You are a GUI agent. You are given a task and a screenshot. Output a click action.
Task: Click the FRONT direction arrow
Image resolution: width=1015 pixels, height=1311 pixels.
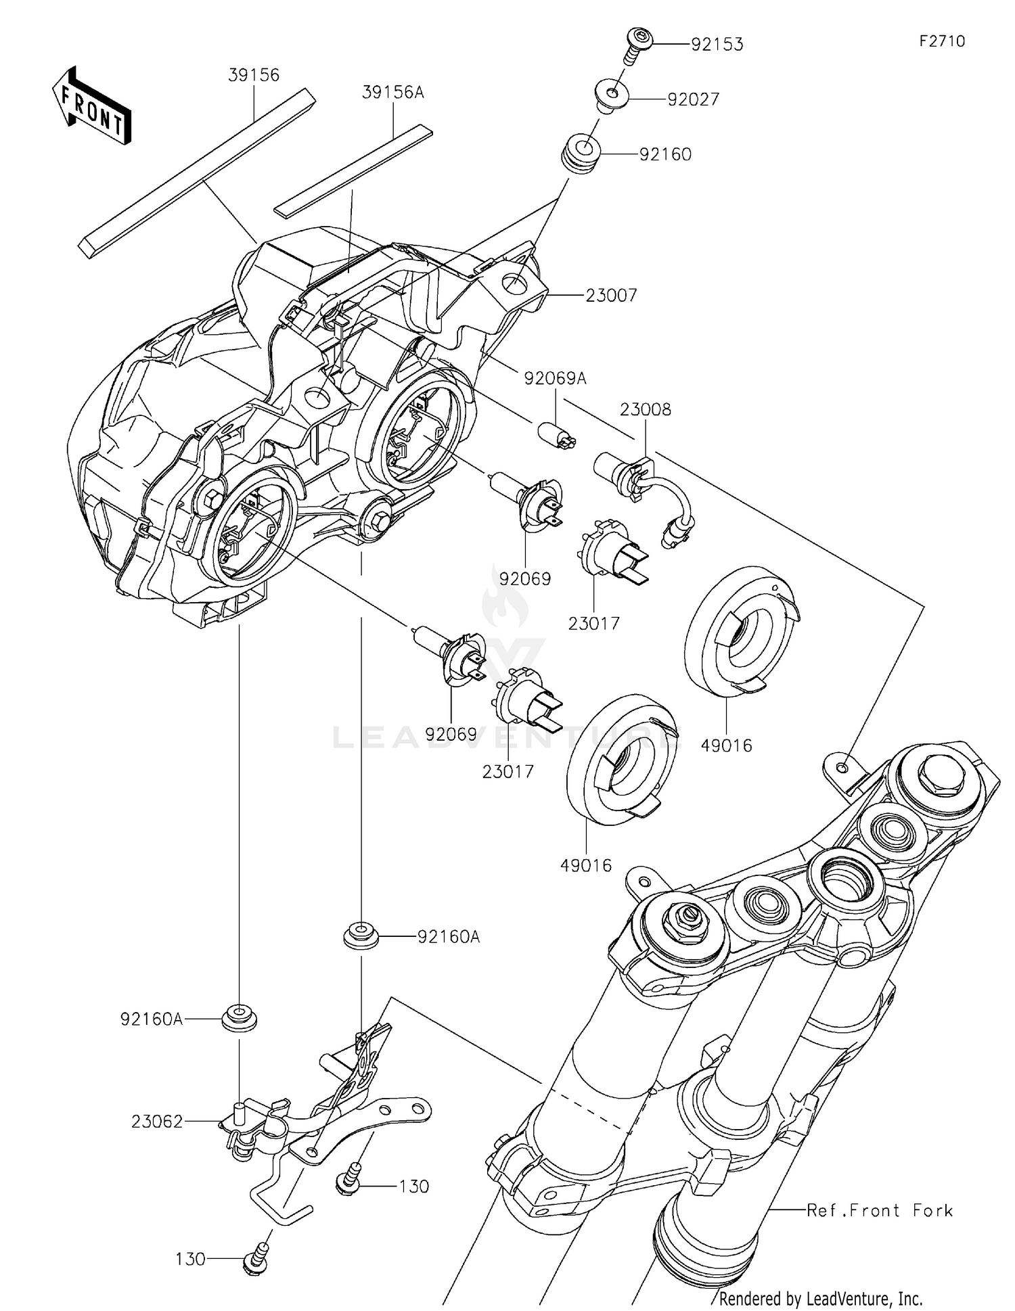pos(91,106)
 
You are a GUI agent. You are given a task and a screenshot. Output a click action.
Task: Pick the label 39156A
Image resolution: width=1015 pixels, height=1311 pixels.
pos(392,92)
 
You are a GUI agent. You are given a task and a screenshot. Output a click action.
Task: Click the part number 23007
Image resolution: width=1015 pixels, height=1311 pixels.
pos(611,296)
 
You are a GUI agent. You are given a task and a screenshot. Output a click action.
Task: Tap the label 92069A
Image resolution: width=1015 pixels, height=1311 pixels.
pos(555,379)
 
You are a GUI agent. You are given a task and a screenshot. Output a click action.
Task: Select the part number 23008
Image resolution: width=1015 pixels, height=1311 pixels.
pos(646,409)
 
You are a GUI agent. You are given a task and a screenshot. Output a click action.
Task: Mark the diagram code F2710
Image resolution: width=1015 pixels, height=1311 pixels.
pos(941,41)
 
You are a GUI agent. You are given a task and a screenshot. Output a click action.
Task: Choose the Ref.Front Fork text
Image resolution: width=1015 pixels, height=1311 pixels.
pos(880,1210)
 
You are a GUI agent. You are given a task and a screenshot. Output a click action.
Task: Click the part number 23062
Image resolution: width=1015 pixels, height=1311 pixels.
pos(157,1122)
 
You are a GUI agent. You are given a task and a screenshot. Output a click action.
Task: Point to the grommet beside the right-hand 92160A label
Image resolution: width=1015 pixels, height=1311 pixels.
pos(361,936)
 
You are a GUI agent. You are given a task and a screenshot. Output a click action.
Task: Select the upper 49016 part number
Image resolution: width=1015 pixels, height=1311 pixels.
pos(727,745)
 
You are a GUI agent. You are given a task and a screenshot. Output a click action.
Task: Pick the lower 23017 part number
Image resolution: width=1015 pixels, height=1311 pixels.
pos(507,771)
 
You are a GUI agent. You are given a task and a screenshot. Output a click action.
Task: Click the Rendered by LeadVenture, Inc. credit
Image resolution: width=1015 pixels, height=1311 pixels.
pos(820,1298)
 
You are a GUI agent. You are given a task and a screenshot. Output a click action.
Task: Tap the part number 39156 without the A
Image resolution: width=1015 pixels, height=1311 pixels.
pos(254,75)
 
